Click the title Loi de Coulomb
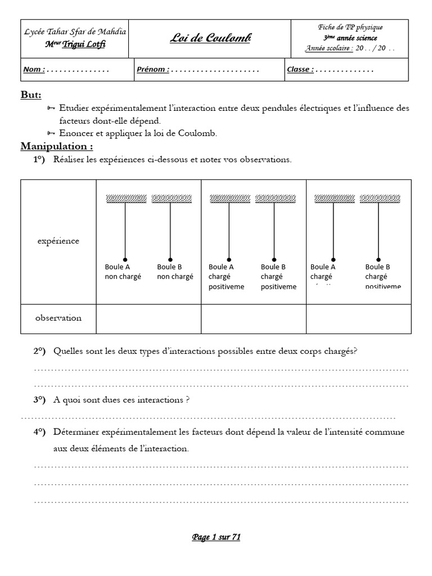click(210, 38)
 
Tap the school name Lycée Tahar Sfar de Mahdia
click(75, 32)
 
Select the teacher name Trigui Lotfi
click(83, 44)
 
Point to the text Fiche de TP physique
click(350, 27)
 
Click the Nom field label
click(33, 70)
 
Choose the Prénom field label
click(152, 70)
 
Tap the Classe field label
click(300, 70)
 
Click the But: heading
click(31, 95)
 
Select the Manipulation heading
click(57, 146)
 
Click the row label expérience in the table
click(58, 241)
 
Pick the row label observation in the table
click(58, 318)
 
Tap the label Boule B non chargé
click(175, 272)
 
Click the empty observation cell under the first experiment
click(148, 318)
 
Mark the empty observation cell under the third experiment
click(358, 318)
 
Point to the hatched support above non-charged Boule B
click(172, 199)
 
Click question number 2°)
click(39, 352)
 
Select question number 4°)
click(39, 432)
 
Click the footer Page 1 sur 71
click(216, 537)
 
